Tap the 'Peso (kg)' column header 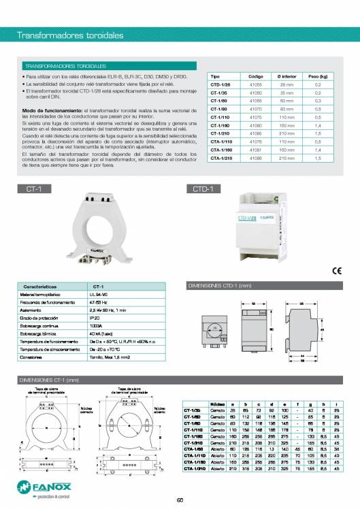[x=318, y=77]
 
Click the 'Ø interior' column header [x=287, y=77]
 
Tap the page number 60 [x=180, y=501]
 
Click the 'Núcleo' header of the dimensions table [x=218, y=403]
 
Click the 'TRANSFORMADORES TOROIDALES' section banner [x=65, y=67]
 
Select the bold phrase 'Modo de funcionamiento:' [x=52, y=110]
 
